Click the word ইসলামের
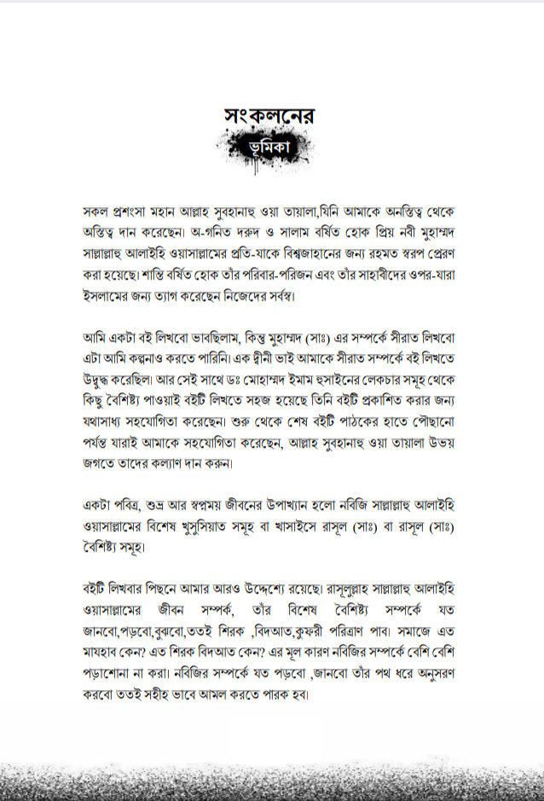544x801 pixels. (x=103, y=297)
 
